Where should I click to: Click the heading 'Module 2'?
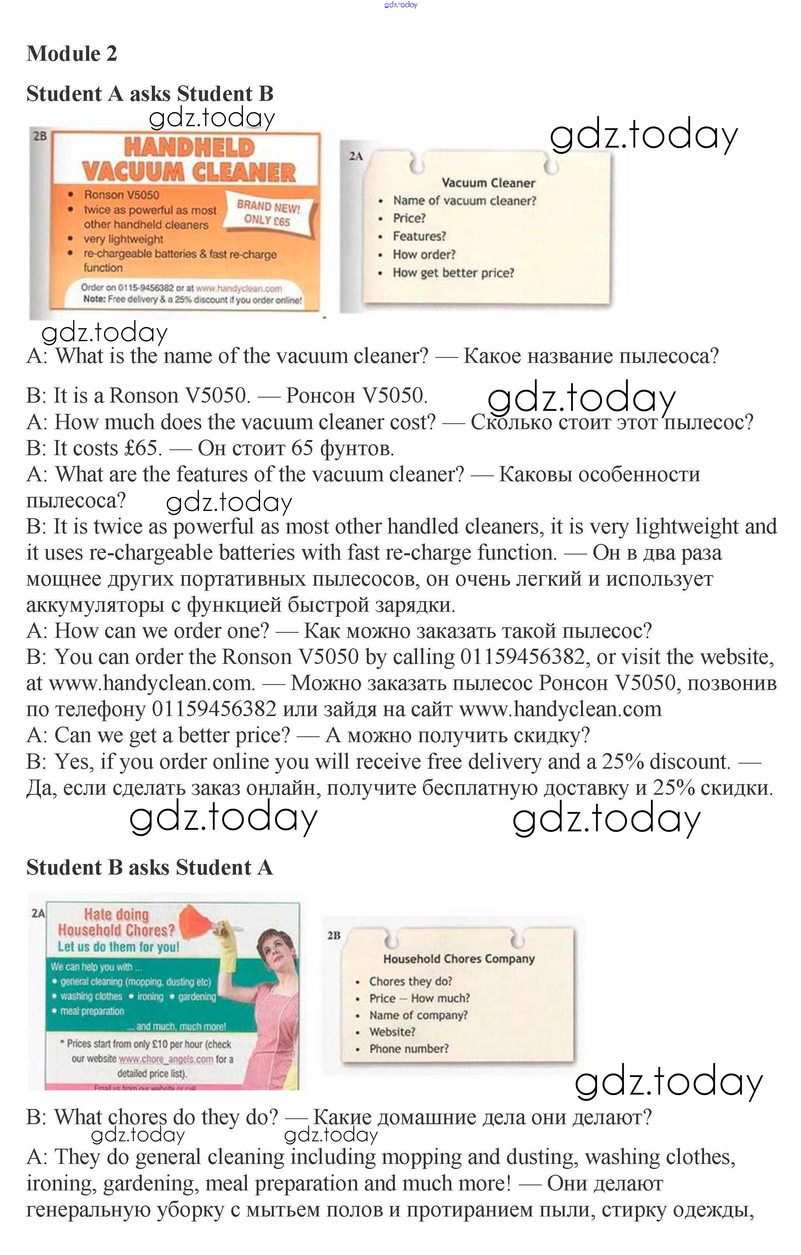click(72, 54)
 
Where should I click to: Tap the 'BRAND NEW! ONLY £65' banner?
click(268, 213)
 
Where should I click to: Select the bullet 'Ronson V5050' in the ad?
click(121, 195)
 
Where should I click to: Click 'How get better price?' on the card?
click(453, 273)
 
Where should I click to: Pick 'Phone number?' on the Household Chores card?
click(408, 1049)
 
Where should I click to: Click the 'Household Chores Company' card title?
click(459, 958)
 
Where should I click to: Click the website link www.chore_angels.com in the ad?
click(166, 1059)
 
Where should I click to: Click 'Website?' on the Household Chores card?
click(392, 1032)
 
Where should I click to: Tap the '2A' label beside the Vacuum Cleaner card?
click(356, 156)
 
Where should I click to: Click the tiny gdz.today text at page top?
click(400, 5)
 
